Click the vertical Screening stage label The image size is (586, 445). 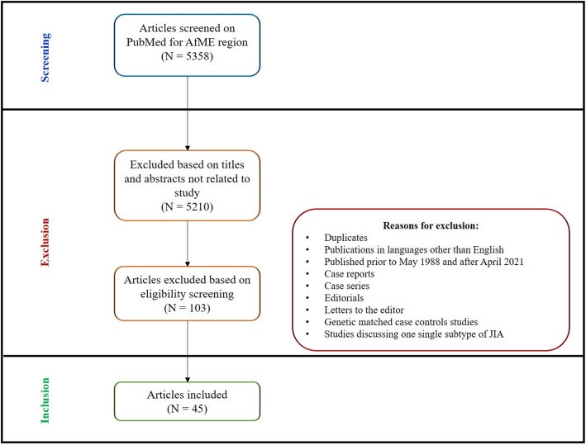tap(45, 58)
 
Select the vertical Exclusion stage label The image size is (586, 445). tap(45, 242)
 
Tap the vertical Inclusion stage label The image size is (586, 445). tap(45, 400)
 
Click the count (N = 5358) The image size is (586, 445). tap(188, 56)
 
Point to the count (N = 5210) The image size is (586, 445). tap(188, 207)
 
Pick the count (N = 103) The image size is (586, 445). tap(188, 308)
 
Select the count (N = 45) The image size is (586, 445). tap(188, 409)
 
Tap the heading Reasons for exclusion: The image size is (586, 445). tap(431, 225)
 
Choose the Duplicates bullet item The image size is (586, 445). tap(345, 238)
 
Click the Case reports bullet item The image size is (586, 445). tap(349, 274)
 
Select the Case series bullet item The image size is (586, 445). tap(346, 286)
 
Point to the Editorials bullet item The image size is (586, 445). tap(344, 298)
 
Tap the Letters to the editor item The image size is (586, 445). tap(364, 310)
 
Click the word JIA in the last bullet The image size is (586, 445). tap(496, 334)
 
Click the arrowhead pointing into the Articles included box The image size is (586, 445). tap(188, 380)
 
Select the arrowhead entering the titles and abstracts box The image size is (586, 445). tap(188, 148)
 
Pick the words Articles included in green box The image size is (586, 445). tap(188, 395)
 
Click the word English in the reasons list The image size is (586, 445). tap(488, 250)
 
